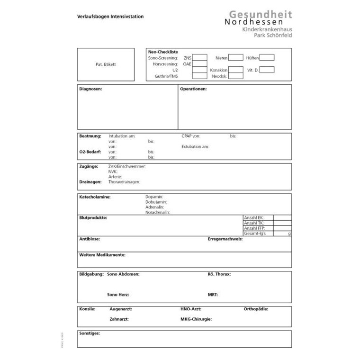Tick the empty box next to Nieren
tap(235, 58)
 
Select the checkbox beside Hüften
tap(267, 58)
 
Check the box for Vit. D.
tap(267, 70)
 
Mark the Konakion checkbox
tap(235, 70)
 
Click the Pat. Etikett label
tap(106, 64)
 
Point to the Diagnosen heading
tap(90, 89)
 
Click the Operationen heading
tap(193, 89)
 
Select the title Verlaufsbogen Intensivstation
tap(110, 17)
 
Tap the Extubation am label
tap(195, 146)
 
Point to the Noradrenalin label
tap(158, 212)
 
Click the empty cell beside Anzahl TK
tap(282, 223)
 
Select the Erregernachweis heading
tap(225, 239)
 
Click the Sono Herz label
tap(118, 294)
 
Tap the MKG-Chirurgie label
tap(196, 319)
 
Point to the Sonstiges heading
tap(90, 333)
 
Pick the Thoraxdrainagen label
tap(124, 181)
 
